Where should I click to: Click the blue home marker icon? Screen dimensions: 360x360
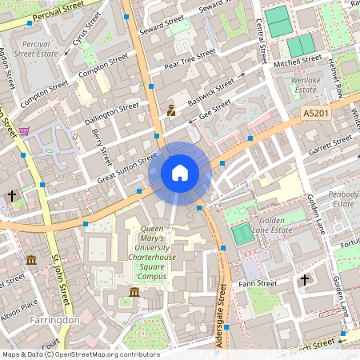point(180,173)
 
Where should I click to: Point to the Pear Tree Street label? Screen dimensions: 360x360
point(190,58)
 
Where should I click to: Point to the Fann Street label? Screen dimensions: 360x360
point(258,282)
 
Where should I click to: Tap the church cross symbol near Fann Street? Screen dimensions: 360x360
point(304,279)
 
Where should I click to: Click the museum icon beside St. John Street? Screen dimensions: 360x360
point(31,260)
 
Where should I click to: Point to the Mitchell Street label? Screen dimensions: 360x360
point(297,62)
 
